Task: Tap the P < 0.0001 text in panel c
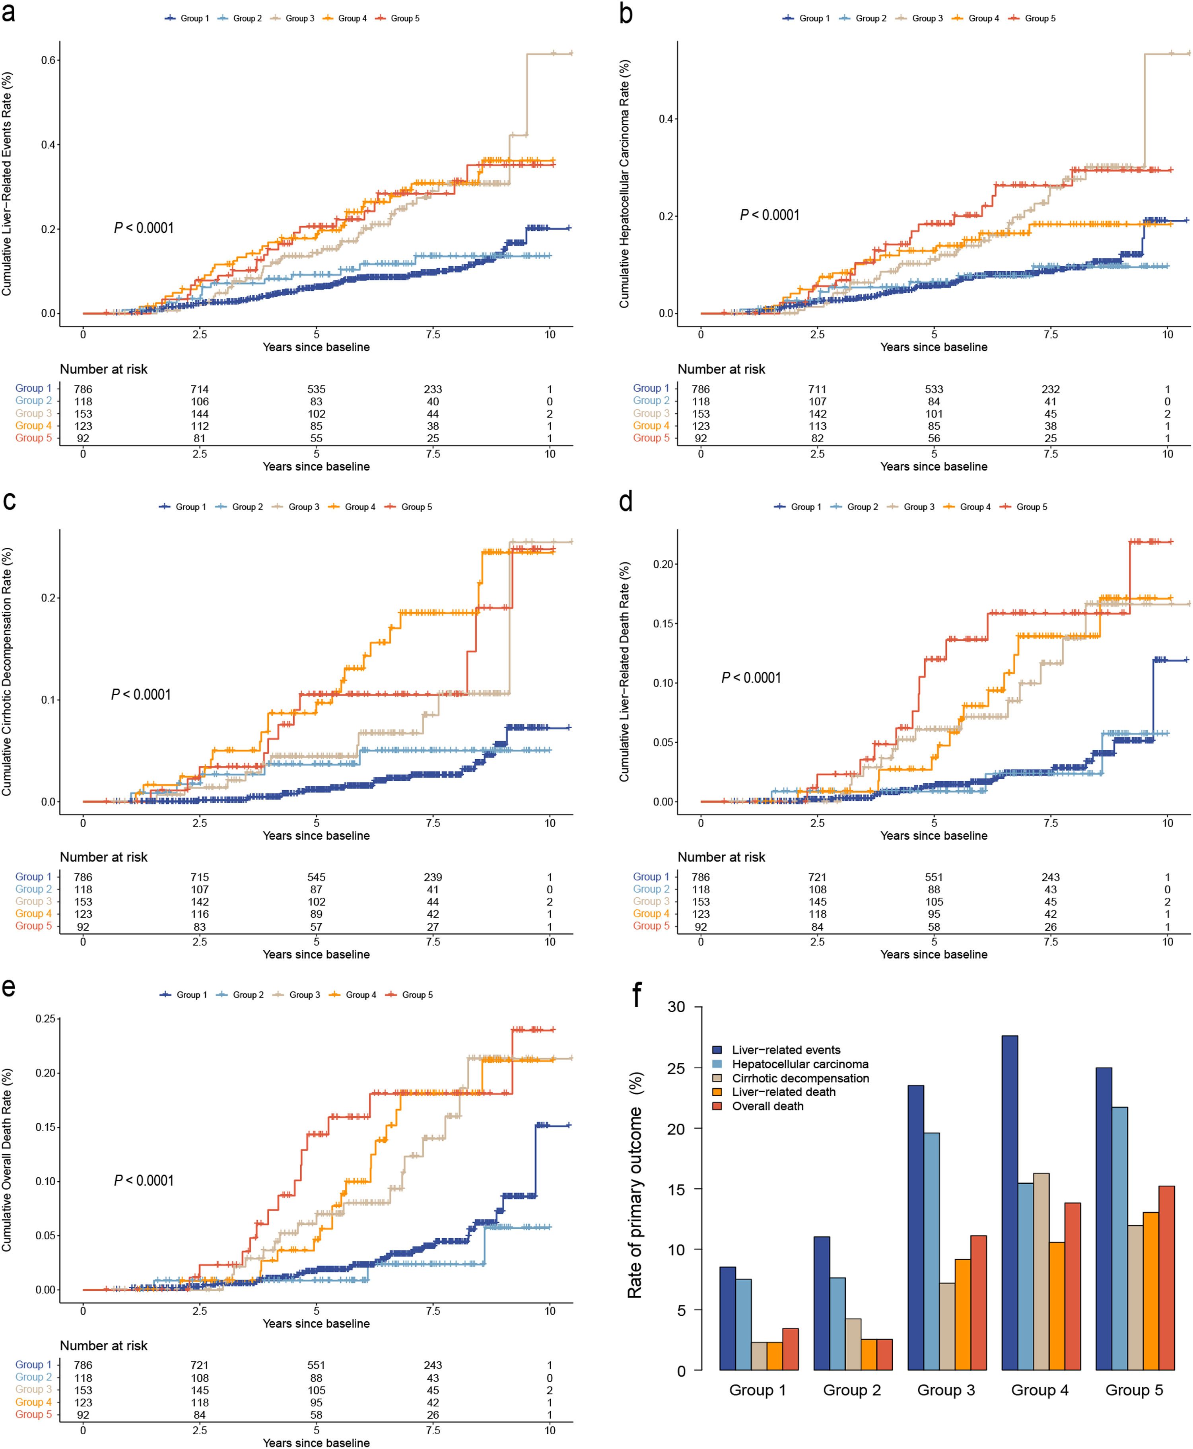click(x=141, y=695)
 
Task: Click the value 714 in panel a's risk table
click(x=199, y=389)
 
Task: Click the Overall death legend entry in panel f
click(x=767, y=1106)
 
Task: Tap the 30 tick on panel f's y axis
click(x=676, y=1007)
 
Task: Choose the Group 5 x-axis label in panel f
click(x=1134, y=1390)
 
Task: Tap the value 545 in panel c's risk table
click(x=316, y=877)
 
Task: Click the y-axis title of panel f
click(x=635, y=1186)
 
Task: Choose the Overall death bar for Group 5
click(x=1166, y=1278)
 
